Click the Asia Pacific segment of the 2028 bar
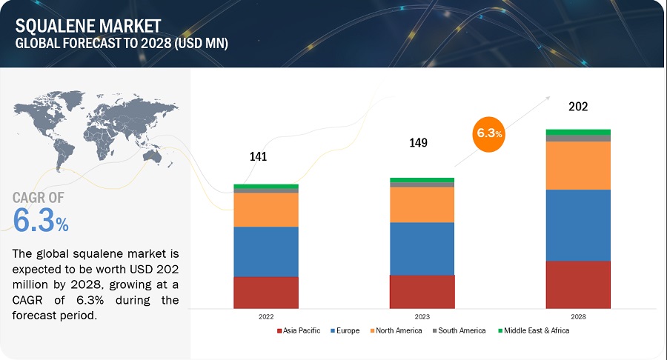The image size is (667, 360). [578, 284]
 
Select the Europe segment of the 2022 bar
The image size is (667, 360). [266, 252]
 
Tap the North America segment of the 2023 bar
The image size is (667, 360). [422, 204]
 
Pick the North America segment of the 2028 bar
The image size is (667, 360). [578, 165]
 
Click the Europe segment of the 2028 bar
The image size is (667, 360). [578, 225]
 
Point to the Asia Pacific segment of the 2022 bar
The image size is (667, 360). [266, 293]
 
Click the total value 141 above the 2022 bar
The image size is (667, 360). [258, 157]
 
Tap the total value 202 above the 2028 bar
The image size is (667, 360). [578, 107]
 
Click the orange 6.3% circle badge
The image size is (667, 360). [488, 134]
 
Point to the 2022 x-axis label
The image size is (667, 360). [266, 316]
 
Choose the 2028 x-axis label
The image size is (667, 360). [578, 316]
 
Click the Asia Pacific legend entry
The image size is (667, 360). [299, 330]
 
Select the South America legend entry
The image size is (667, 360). [458, 330]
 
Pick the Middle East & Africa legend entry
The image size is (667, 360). [534, 330]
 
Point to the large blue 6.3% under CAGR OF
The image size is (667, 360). [42, 220]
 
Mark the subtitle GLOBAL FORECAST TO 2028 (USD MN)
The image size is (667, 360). [122, 44]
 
